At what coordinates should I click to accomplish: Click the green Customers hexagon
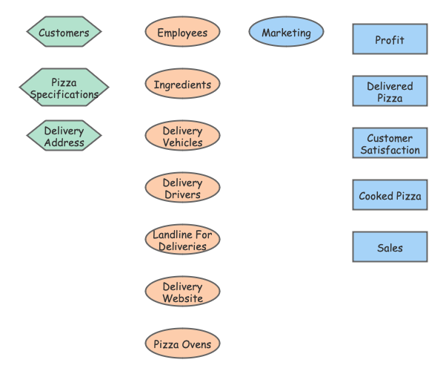point(64,32)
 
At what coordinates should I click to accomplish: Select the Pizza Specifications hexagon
point(64,88)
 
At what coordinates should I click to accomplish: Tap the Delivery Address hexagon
point(64,136)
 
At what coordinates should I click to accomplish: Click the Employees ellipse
point(182,32)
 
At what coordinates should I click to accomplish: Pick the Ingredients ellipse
point(182,84)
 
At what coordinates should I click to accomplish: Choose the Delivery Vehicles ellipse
point(182,136)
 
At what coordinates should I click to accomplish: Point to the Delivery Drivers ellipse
point(182,188)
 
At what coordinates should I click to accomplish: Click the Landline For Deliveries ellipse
point(182,240)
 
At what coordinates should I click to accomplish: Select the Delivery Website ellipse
point(182,292)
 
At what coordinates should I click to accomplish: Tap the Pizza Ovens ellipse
point(182,344)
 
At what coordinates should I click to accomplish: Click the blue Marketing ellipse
point(286,32)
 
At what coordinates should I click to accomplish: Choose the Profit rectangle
point(390,39)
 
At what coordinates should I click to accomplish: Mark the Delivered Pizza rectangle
point(390,91)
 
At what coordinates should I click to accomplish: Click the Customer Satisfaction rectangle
point(390,143)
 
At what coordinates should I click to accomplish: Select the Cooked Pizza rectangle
point(390,195)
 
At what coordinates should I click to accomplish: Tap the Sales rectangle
point(390,247)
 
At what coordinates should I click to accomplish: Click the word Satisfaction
point(390,150)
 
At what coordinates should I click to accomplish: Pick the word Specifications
point(64,94)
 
